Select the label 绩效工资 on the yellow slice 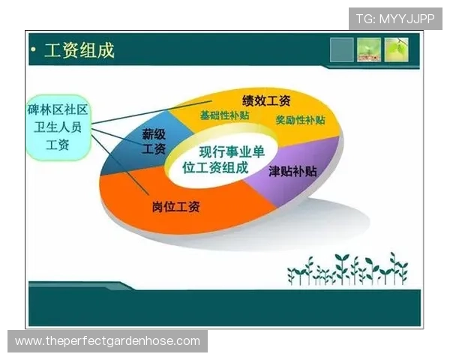coord(265,100)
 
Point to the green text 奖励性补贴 coord(300,120)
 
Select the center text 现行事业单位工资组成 coord(223,160)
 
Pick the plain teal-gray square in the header coord(341,49)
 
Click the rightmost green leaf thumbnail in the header coord(396,49)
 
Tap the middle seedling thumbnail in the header coord(368,49)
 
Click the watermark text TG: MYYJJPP coord(395,18)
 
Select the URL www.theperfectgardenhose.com coord(107,341)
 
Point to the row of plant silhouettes coord(346,270)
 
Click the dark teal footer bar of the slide coord(225,307)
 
